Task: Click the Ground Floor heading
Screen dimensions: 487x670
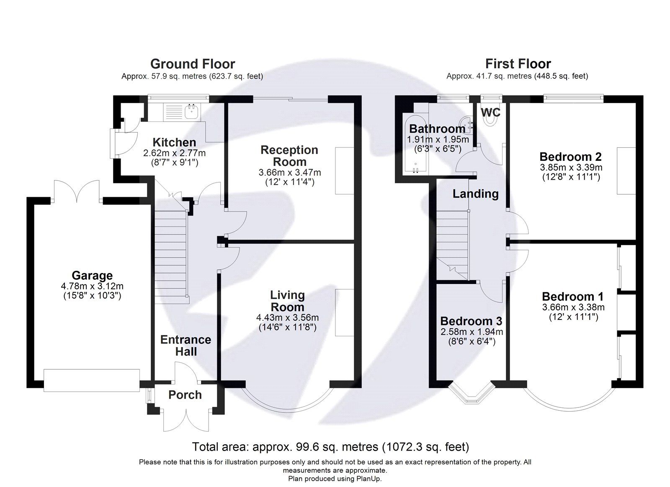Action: point(193,64)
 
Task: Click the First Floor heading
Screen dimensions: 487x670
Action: point(518,64)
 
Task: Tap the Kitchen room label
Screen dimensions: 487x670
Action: point(174,142)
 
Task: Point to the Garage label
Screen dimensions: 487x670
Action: point(92,276)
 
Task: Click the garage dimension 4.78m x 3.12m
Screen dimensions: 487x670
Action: point(92,286)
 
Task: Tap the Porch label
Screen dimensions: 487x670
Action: point(185,395)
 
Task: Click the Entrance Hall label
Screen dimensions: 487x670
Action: point(186,345)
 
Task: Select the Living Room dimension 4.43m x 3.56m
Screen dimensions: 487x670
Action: point(287,317)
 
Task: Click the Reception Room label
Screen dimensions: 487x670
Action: point(289,156)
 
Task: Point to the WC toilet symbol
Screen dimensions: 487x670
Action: point(490,121)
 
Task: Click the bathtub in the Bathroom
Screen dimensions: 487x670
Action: point(415,144)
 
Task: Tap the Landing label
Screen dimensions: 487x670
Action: point(475,194)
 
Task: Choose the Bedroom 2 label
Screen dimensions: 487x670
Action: point(570,157)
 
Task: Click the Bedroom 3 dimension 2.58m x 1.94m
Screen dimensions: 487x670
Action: point(472,332)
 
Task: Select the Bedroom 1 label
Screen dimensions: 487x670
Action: point(572,297)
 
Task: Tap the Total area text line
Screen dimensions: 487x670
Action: point(330,447)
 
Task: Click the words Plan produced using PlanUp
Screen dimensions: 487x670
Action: point(335,479)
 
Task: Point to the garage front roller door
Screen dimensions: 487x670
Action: point(92,380)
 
